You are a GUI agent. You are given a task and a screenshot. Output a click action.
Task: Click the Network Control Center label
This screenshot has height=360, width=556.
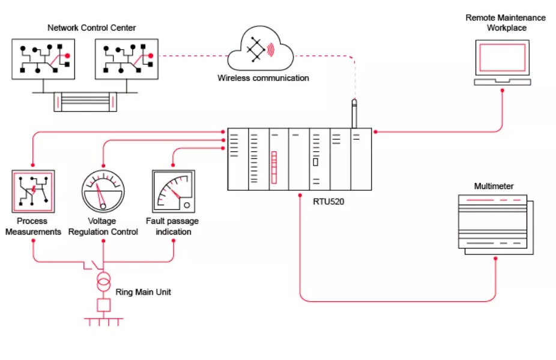pyautogui.click(x=92, y=28)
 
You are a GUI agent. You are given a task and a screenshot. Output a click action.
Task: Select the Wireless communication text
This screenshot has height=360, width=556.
pyautogui.click(x=263, y=78)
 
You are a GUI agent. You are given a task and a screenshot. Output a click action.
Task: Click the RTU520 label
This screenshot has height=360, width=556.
pyautogui.click(x=329, y=202)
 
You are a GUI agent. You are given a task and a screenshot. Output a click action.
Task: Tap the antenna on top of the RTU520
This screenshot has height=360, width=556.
pyautogui.click(x=354, y=113)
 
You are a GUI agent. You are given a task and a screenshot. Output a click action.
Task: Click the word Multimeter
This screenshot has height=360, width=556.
pyautogui.click(x=494, y=186)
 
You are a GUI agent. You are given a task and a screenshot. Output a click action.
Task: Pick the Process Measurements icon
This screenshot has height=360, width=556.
pyautogui.click(x=34, y=191)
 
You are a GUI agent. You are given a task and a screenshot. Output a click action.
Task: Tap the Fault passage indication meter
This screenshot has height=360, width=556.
pyautogui.click(x=174, y=191)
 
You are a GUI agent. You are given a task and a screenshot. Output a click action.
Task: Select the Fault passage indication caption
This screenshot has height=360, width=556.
pyautogui.click(x=173, y=226)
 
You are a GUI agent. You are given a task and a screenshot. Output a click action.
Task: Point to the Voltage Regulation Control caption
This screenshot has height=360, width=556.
pyautogui.click(x=103, y=226)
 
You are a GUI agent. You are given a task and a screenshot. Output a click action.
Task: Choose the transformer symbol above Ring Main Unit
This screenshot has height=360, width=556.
pyautogui.click(x=104, y=281)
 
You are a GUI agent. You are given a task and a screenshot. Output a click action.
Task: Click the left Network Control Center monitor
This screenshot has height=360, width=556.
pyautogui.click(x=43, y=59)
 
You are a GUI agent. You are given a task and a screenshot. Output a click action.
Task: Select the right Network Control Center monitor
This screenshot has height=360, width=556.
pyautogui.click(x=127, y=59)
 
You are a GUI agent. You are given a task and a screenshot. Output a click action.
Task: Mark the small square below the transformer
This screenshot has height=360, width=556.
pyautogui.click(x=104, y=305)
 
